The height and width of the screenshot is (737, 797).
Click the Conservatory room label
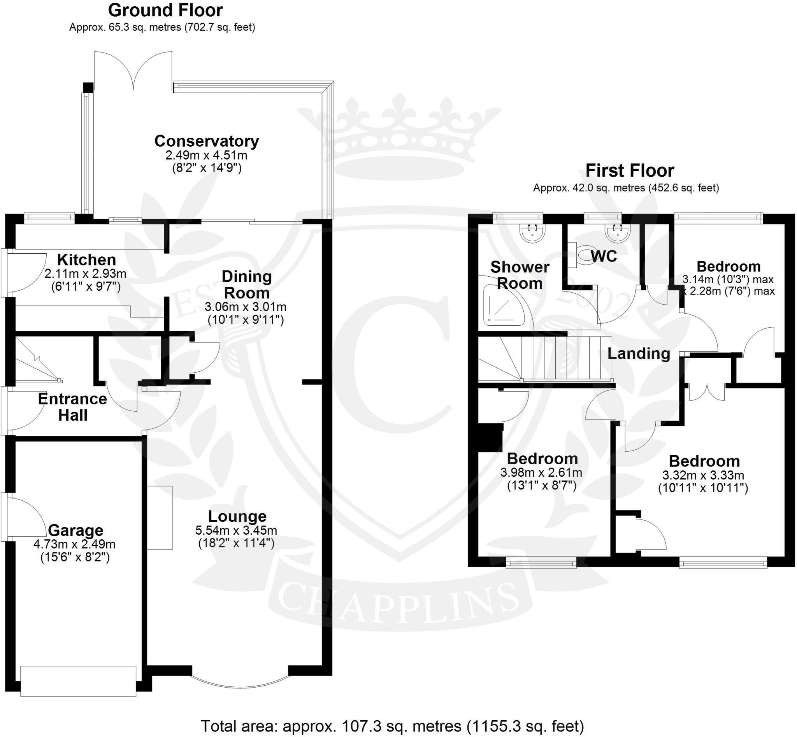point(206,141)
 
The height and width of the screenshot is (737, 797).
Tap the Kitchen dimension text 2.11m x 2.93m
point(85,274)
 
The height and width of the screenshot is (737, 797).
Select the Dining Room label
point(246,285)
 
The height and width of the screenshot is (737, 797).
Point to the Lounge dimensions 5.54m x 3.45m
point(236,530)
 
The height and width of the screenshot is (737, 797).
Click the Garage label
point(75,530)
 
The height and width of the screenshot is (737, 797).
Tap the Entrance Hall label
point(73,407)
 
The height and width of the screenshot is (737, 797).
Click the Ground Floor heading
point(165,11)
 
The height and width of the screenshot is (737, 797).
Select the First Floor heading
point(629,171)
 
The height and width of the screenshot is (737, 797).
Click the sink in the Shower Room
point(532,233)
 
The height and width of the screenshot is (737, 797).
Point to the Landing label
point(639,353)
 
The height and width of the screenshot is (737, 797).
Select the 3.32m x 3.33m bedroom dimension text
point(703,476)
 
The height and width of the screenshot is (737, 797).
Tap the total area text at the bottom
point(392,726)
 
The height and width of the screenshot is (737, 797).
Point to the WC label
point(604,256)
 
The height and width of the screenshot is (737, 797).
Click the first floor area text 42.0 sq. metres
point(626,188)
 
